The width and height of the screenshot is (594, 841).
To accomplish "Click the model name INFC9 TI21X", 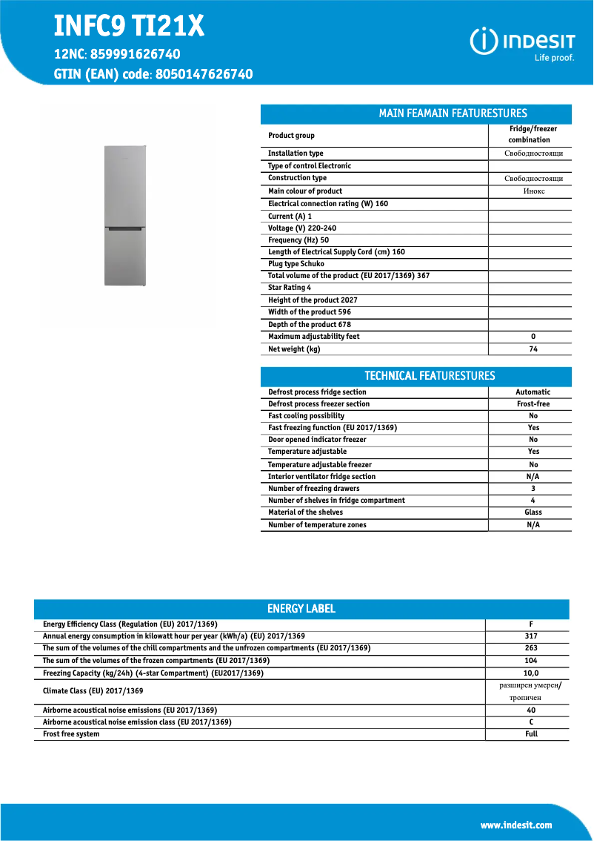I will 129,27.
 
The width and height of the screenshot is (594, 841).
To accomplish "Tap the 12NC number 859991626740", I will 134,54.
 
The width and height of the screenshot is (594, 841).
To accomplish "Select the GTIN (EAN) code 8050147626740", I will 204,74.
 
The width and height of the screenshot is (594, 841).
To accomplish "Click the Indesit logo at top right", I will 523,43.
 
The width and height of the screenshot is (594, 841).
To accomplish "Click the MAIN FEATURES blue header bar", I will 416,113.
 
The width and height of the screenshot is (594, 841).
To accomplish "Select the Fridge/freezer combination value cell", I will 530,134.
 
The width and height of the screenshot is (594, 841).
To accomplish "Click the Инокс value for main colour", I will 530,191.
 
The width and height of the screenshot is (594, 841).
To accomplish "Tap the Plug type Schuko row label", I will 296,263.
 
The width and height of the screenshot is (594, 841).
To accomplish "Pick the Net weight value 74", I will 533,349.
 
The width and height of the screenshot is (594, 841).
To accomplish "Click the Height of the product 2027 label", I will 313,300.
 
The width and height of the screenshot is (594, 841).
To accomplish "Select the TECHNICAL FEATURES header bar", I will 416,375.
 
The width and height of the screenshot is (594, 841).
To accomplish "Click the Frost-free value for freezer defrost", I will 533,404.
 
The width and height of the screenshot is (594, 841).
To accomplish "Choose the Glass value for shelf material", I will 533,512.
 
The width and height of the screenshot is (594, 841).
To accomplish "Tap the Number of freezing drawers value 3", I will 533,489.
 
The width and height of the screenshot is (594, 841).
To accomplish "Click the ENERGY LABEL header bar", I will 301,609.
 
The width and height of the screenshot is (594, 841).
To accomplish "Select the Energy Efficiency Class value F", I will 530,624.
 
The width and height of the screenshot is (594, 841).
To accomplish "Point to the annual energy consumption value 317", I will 530,636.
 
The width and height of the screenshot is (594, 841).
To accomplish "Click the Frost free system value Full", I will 531,734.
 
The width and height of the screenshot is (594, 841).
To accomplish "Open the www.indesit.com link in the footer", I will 515,825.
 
